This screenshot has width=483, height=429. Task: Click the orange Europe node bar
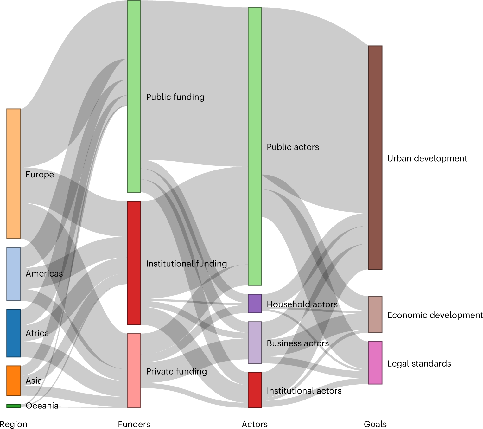14,174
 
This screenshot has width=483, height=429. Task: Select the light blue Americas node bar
14,274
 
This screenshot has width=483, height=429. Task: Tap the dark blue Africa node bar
14,333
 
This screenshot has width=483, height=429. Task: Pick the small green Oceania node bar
14,406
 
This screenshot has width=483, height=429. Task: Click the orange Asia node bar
14,381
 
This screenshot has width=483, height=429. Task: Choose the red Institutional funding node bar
134,263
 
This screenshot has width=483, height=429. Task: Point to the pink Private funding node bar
134,371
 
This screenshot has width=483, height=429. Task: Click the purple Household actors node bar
255,304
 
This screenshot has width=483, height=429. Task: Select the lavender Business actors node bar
255,343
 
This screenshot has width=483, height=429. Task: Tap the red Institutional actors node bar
255,390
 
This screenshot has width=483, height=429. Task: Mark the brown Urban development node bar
375,158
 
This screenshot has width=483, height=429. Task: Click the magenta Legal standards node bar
375,363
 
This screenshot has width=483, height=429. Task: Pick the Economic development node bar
375,315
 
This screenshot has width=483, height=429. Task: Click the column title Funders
134,424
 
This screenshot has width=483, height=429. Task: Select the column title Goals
375,424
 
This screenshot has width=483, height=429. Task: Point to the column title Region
14,424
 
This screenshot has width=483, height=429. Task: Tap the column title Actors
255,424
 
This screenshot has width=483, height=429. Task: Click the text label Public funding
175,97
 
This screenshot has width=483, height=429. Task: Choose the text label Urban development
427,158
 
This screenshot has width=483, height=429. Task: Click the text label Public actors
293,147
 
